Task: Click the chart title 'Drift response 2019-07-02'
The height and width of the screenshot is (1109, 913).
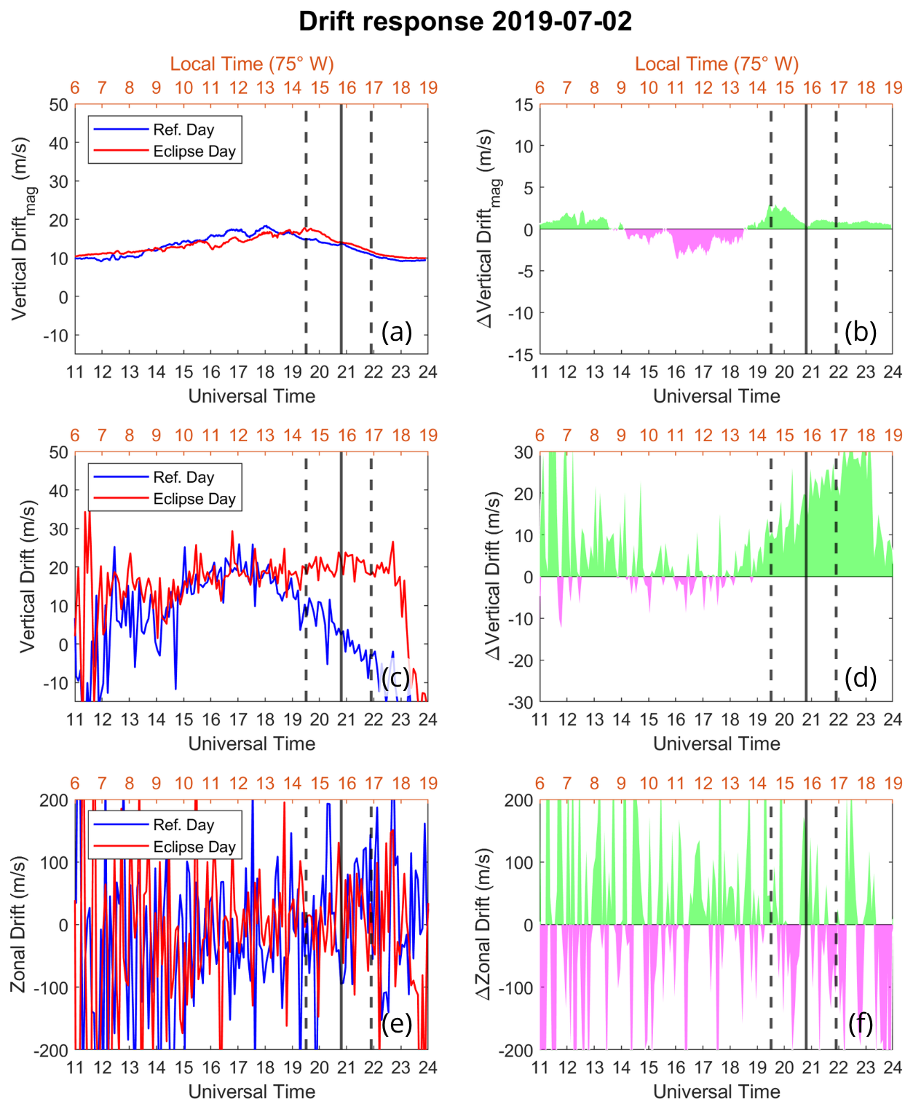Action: click(465, 21)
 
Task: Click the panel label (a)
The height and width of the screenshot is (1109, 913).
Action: click(397, 332)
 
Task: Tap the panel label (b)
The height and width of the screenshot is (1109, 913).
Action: click(861, 332)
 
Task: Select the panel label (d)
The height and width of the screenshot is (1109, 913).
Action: click(861, 678)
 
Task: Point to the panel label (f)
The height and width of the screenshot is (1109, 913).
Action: click(861, 1024)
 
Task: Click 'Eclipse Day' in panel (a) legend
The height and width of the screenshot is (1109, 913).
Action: click(194, 151)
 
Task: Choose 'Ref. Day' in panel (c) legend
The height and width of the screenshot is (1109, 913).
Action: click(183, 478)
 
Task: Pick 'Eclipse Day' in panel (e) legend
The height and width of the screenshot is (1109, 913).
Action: click(194, 847)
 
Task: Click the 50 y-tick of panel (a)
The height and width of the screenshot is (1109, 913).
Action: click(59, 105)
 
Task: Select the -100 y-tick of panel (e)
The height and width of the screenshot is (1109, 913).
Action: click(51, 988)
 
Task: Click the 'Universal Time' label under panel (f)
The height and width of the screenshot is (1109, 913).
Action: click(716, 1092)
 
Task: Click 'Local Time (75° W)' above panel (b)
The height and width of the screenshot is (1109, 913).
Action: click(716, 64)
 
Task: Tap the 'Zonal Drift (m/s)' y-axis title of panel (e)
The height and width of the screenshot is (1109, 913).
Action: click(19, 925)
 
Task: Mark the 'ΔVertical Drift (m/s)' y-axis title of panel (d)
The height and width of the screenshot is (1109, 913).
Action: click(494, 576)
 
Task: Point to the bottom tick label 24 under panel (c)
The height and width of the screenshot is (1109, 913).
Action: click(428, 719)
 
